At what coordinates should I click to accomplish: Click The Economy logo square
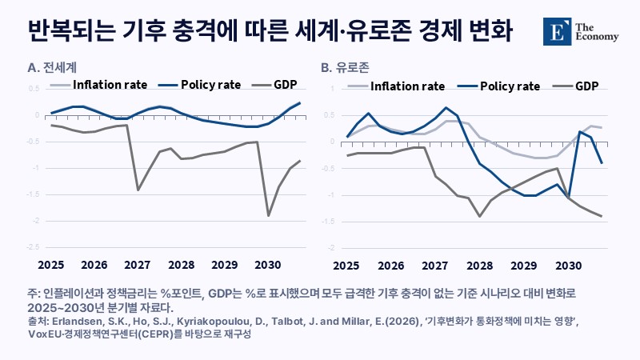point(557,31)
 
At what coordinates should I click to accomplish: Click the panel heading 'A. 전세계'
point(52,67)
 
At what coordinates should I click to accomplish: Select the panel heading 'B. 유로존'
point(345,67)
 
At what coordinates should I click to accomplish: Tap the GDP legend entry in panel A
point(274,85)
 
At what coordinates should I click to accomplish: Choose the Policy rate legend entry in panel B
point(498,86)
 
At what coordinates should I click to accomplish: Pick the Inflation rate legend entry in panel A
point(98,85)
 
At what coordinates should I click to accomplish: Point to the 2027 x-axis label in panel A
point(137,265)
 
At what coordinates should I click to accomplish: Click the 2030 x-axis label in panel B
point(568,266)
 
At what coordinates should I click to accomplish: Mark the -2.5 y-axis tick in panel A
point(33,247)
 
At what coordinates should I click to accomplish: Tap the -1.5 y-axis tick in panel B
point(328,222)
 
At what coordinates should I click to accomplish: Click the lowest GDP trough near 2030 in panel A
point(269,216)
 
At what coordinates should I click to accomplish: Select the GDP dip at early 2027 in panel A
point(138,190)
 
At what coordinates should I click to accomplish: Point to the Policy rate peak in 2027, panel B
point(446,108)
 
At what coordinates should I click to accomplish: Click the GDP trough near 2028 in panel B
point(479,216)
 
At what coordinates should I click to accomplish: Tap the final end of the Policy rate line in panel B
point(602,163)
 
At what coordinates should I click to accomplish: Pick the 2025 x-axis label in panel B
point(346,266)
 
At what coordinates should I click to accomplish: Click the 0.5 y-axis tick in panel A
point(34,89)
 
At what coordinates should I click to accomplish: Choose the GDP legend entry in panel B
point(576,86)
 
